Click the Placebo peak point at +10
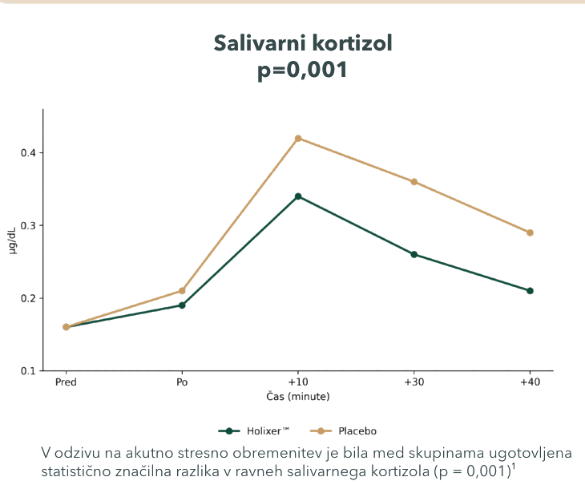(x=298, y=139)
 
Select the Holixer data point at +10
(x=298, y=196)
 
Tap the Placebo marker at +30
(x=414, y=182)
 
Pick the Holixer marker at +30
(x=414, y=254)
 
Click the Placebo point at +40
(x=530, y=232)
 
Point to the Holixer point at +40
(x=530, y=291)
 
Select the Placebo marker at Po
(x=182, y=291)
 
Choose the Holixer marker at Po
(x=182, y=305)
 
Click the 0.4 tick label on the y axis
(x=27, y=153)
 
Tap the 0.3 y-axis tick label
(x=27, y=226)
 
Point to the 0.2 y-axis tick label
(x=27, y=298)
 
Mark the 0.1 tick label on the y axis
(x=27, y=371)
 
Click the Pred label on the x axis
(x=66, y=382)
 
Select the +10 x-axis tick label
(x=298, y=382)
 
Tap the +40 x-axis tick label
(x=530, y=382)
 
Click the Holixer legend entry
(x=254, y=431)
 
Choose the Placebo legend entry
(x=343, y=431)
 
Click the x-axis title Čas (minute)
(x=298, y=396)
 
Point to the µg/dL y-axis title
(x=12, y=240)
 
